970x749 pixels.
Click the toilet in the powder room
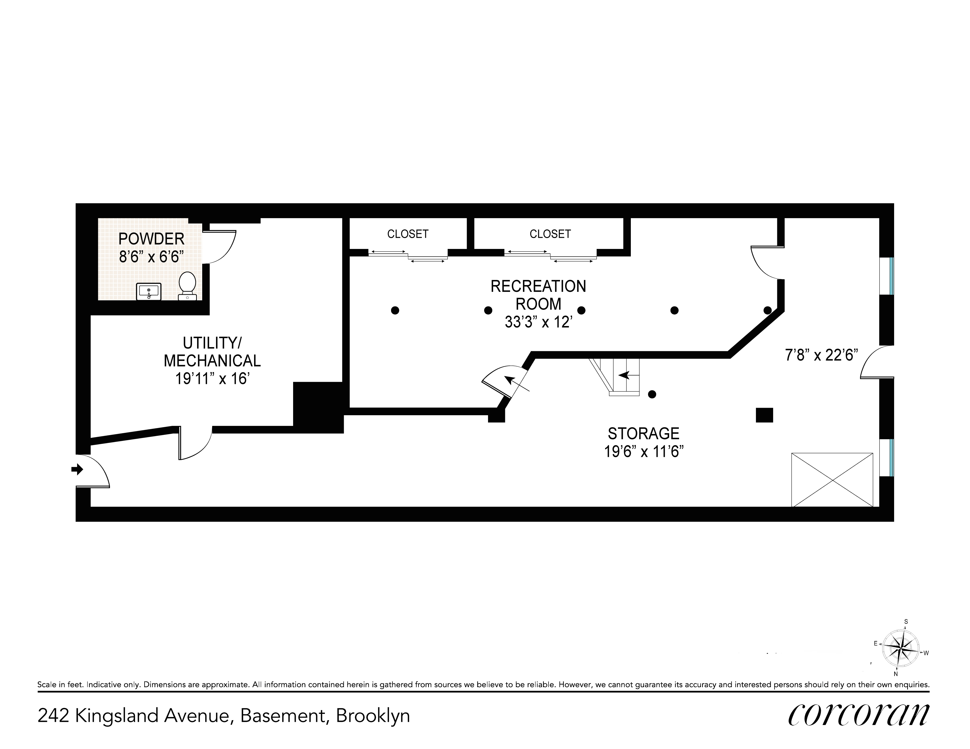coord(187,286)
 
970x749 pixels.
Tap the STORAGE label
coord(643,433)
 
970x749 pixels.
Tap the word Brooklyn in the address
coord(373,716)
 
